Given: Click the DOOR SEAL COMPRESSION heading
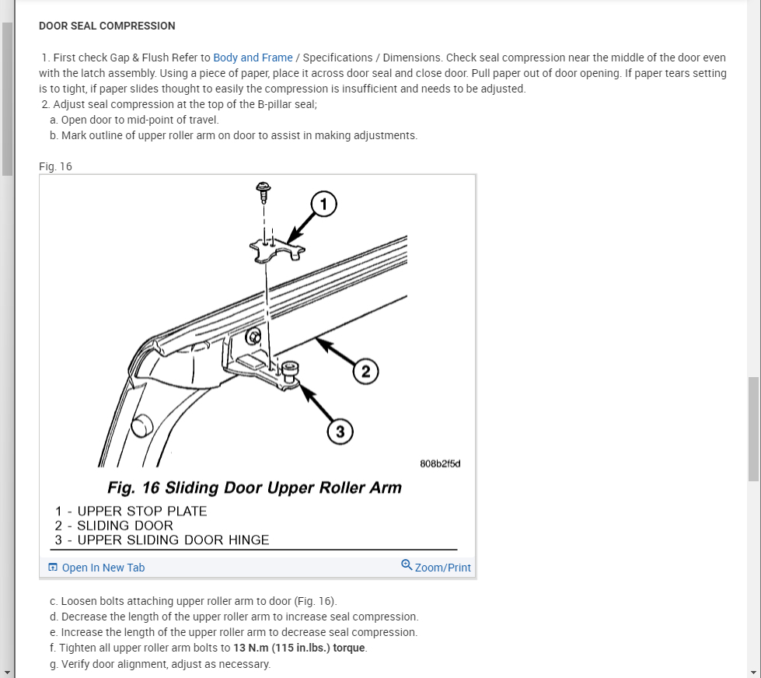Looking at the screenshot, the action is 107,26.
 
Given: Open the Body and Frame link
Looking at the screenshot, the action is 253,58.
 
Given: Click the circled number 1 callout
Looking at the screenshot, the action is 323,204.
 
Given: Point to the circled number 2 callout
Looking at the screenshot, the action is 365,372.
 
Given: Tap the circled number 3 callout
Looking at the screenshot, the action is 340,431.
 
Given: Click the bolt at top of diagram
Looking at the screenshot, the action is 264,190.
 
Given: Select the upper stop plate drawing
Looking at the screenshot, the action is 278,249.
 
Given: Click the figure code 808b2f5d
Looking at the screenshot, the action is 441,464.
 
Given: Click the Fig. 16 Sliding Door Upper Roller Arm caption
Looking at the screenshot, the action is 254,488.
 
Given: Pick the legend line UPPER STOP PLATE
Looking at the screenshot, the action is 131,512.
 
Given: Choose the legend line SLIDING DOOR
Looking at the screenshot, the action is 114,526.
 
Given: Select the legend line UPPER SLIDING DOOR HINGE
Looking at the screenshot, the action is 162,540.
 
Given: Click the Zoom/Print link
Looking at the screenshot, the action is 442,568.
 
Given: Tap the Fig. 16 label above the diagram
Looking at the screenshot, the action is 55,166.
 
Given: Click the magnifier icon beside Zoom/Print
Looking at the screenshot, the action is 407,564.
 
